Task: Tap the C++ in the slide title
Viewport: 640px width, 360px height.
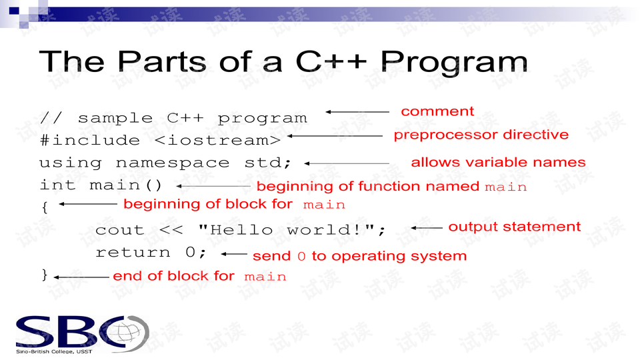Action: [x=331, y=61]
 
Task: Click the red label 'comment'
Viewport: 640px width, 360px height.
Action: [x=437, y=111]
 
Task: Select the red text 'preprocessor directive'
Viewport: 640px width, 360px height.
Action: [x=481, y=135]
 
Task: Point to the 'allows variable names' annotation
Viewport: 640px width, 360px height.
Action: [x=498, y=162]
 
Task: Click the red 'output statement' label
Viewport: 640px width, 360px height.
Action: [x=514, y=227]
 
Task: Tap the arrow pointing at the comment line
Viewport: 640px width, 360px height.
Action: [x=357, y=111]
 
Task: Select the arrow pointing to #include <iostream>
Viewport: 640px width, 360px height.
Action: [x=335, y=136]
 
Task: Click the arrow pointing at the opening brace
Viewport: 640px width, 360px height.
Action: [x=88, y=204]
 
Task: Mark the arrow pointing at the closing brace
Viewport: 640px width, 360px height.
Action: [x=81, y=277]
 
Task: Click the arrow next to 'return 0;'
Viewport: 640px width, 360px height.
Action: [x=234, y=254]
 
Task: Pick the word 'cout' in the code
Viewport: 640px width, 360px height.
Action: [x=119, y=230]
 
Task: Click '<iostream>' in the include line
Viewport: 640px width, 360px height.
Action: [x=218, y=141]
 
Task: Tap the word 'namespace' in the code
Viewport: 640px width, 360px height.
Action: [x=173, y=163]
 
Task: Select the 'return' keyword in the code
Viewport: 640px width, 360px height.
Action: [x=133, y=253]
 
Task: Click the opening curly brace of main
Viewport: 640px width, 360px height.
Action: [x=45, y=207]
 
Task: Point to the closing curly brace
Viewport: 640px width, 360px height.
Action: [x=45, y=275]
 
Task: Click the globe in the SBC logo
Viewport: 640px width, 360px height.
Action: [x=130, y=333]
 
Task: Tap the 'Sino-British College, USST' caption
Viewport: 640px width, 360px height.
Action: [x=54, y=351]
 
